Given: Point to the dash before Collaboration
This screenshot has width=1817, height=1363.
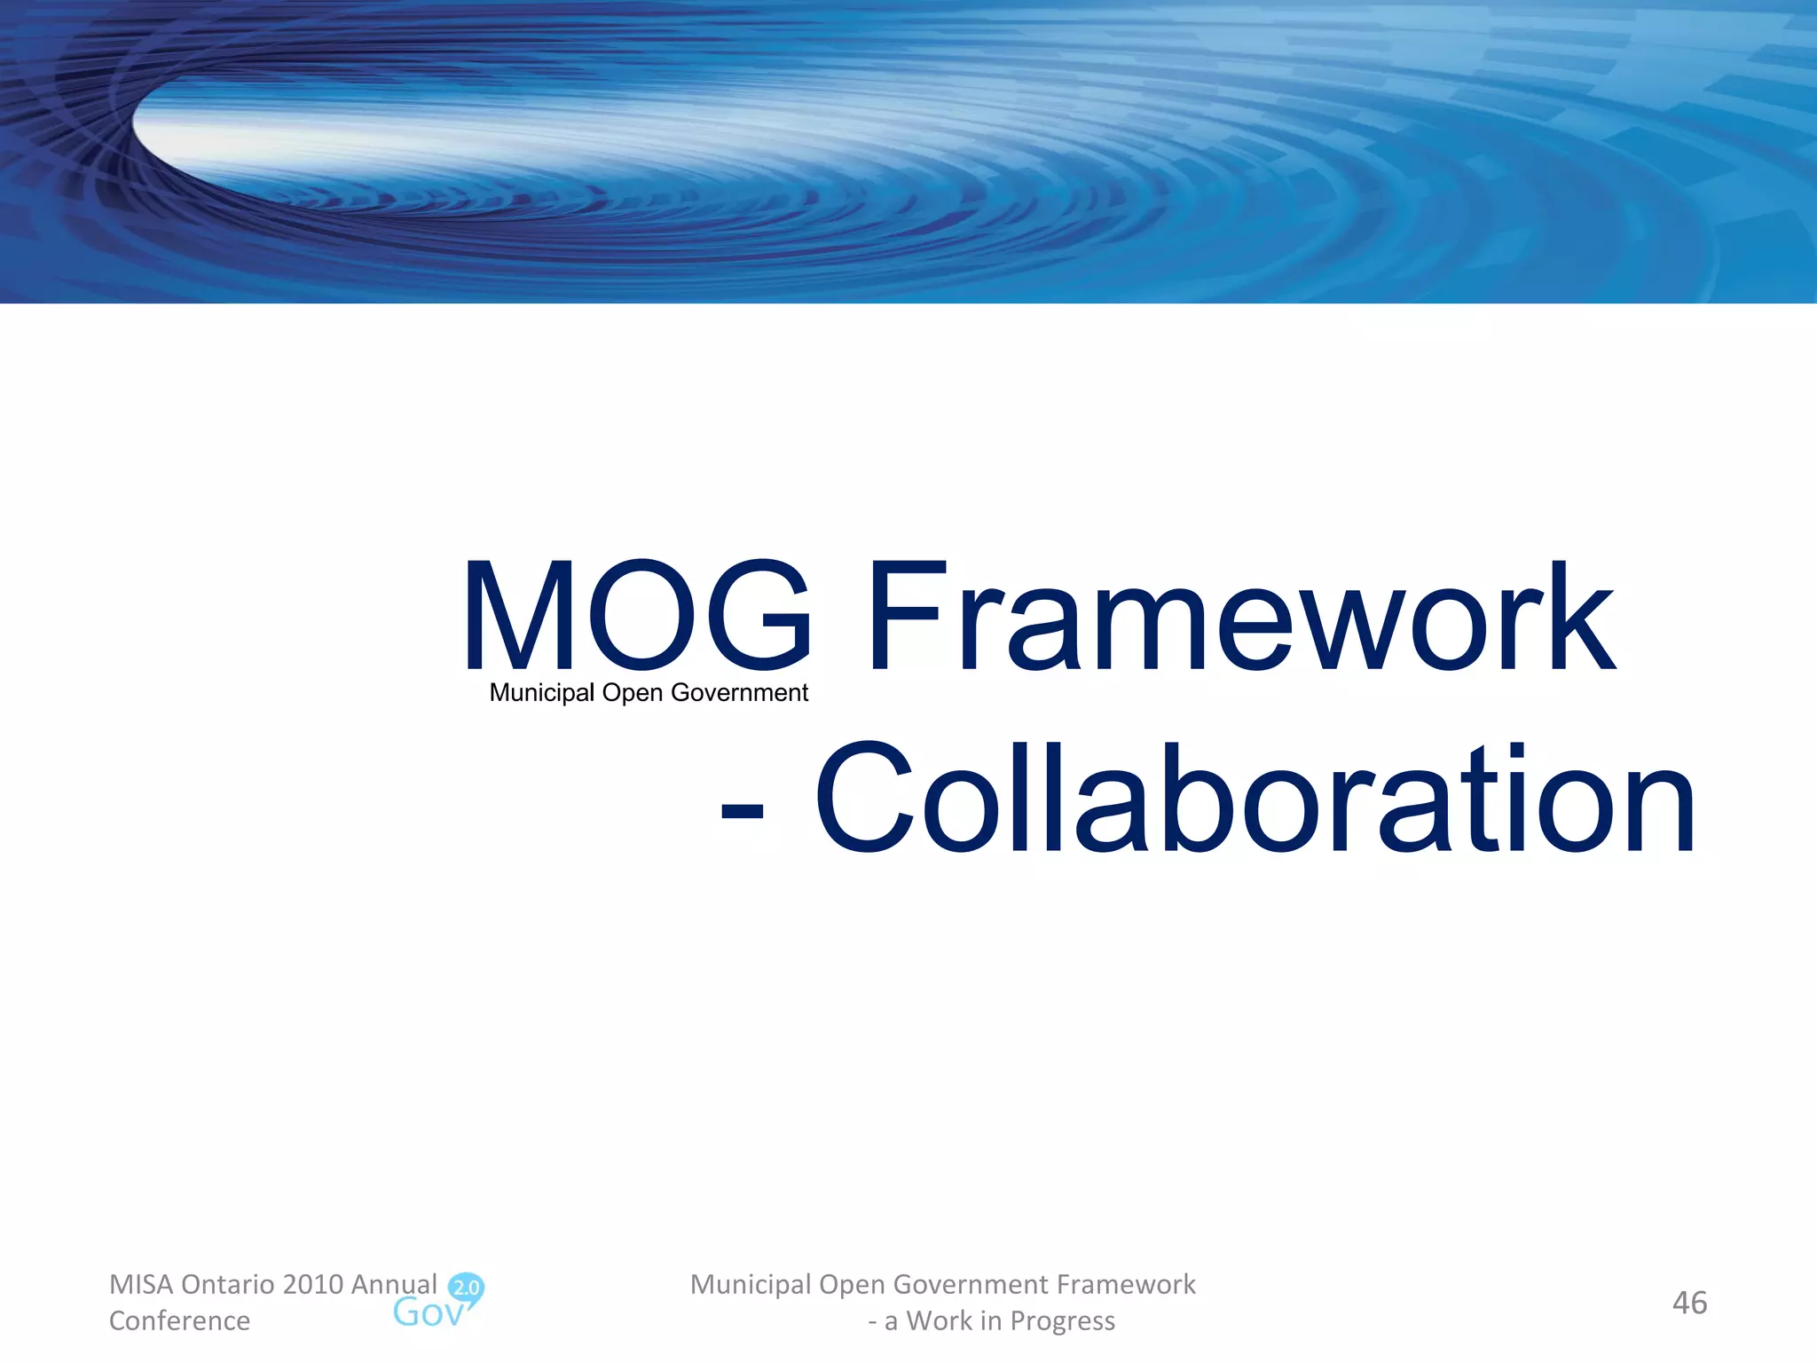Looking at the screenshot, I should [x=742, y=810].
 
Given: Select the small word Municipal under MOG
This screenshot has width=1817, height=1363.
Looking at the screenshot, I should [x=541, y=693].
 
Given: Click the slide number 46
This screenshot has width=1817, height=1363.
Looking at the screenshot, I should [x=1689, y=1303].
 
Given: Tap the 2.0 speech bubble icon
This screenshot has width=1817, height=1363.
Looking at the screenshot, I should [x=466, y=1288].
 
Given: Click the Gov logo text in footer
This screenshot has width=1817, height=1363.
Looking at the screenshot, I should [x=428, y=1313].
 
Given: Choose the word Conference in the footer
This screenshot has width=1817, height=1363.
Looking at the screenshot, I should [x=179, y=1320].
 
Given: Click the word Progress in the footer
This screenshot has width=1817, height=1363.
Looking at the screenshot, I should [x=1063, y=1322].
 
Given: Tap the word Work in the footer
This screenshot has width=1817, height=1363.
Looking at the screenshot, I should [x=939, y=1320].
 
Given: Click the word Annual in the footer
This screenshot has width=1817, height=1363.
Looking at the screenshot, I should [x=394, y=1284].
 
